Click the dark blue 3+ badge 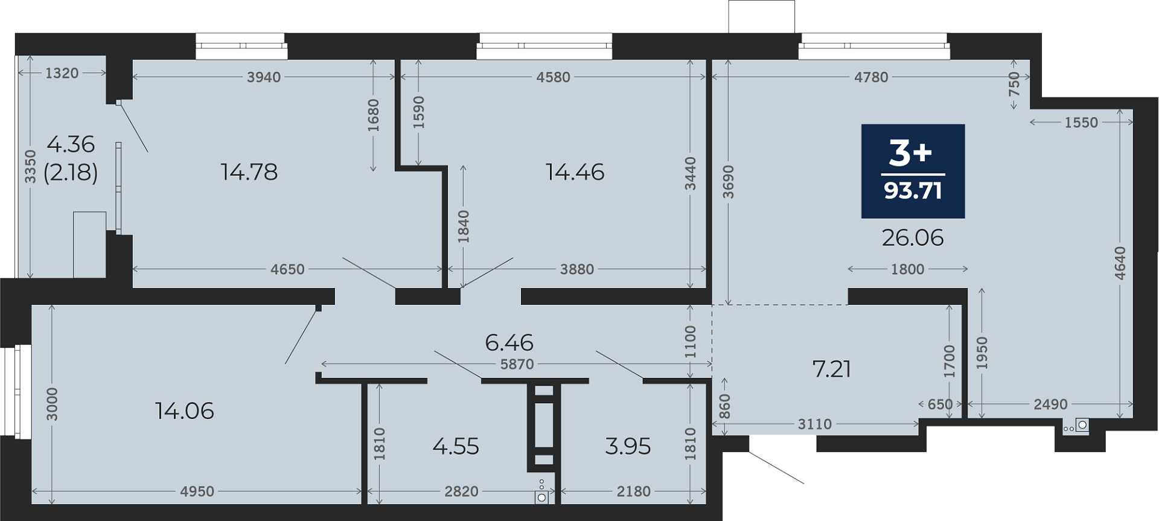point(913,171)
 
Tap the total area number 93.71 point(913,191)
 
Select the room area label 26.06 point(913,238)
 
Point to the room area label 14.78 point(249,172)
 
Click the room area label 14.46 point(575,172)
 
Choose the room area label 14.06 point(184,411)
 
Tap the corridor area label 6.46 point(509,343)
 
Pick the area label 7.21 point(832,369)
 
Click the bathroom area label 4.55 point(456,447)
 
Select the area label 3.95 point(628,447)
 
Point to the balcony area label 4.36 point(71,144)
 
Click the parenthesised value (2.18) point(71,173)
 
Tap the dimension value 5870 point(517,364)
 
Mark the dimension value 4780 point(871,77)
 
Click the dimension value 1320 point(62,73)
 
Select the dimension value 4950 point(197,491)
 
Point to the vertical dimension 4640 point(1120,263)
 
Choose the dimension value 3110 point(815,424)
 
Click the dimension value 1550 point(1081,123)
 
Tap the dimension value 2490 point(1051,404)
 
